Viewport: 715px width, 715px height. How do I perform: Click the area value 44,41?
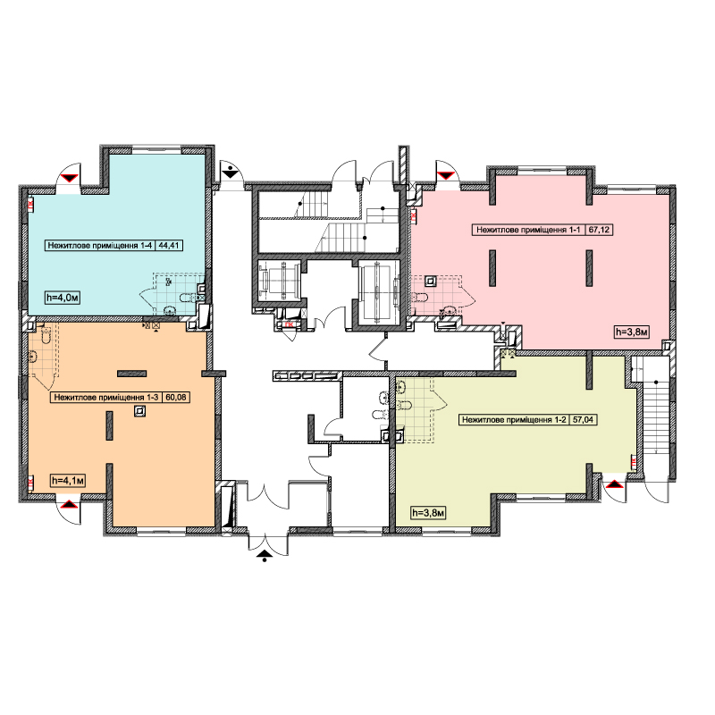169,245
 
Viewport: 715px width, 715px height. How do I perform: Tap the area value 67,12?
599,230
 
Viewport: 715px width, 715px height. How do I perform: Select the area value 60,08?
176,397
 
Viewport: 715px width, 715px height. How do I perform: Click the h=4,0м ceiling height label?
63,299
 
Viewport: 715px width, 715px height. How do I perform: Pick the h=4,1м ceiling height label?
69,481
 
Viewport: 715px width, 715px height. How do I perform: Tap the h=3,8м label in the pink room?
632,332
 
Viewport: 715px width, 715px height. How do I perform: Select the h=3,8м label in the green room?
428,513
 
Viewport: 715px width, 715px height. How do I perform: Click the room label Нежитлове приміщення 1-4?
99,245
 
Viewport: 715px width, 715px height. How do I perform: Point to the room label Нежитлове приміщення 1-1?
528,230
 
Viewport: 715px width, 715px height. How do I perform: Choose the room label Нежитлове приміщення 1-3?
105,397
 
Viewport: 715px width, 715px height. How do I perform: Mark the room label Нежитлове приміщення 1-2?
514,419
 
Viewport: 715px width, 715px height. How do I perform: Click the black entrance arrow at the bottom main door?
265,554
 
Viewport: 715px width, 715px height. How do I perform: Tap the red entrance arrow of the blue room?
70,178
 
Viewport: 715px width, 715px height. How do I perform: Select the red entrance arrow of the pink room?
445,175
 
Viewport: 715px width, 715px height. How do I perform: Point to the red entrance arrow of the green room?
614,484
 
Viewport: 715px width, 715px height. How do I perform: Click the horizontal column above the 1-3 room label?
131,374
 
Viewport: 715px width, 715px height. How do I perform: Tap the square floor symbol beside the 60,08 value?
139,412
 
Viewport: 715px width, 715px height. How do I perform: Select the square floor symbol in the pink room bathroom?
431,281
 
